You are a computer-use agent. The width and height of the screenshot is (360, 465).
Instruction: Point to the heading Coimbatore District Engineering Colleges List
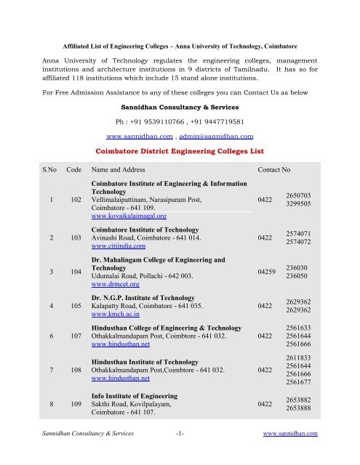point(180,151)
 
